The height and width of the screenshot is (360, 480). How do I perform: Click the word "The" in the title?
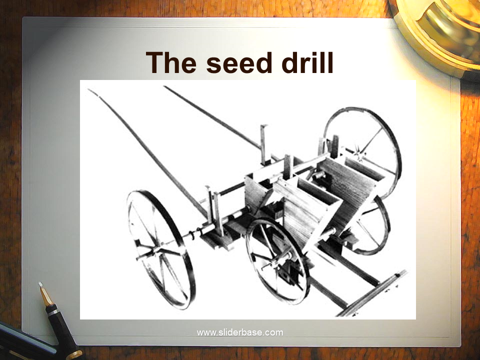pos(171,62)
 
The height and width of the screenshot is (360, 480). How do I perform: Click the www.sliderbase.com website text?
pos(240,332)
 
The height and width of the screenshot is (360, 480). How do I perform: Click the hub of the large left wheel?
pos(155,251)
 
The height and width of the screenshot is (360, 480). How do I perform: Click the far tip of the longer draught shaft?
pos(89,89)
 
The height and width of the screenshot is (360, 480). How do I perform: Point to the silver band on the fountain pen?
pos(52,312)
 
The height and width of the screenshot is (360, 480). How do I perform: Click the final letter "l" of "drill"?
pos(330,62)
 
